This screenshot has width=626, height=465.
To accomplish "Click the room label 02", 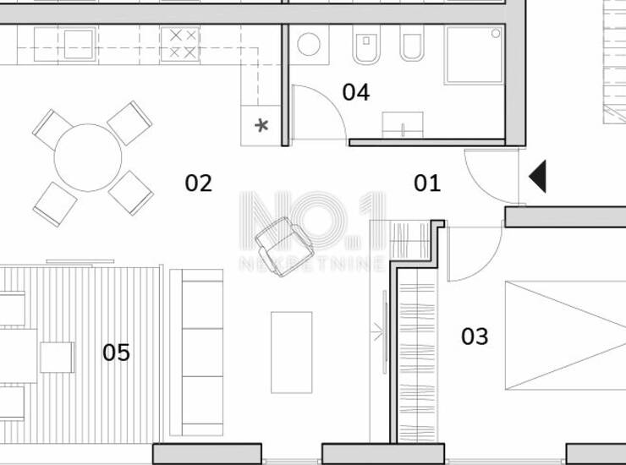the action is (199, 183).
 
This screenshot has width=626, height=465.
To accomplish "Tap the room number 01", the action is (427, 183).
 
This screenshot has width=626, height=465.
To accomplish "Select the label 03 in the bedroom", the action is (475, 336).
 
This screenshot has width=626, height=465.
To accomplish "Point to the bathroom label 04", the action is (355, 92).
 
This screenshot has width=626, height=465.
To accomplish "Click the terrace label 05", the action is (116, 353).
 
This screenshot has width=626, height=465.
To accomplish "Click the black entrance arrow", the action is (537, 177).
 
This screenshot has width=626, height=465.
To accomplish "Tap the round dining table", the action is (88, 157).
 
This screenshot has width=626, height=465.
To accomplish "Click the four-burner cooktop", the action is (179, 44).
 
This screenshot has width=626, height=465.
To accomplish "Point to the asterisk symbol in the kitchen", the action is (261, 126).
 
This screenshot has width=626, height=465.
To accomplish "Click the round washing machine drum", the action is (309, 44).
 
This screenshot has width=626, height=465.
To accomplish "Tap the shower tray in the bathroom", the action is (475, 55).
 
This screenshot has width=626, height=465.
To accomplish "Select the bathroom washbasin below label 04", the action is (403, 125).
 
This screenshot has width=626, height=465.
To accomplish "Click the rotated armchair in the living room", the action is (284, 246).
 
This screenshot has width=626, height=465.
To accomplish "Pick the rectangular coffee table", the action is (292, 353).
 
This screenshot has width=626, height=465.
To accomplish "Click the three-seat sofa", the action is (196, 353).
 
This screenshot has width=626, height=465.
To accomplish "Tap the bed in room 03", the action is (565, 336).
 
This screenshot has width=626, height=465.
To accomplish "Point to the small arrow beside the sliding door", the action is (377, 331).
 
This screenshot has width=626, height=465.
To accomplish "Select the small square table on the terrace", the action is (57, 358).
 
